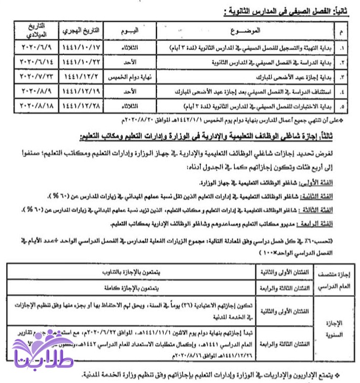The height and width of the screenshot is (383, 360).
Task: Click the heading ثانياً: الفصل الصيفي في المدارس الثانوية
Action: pyautogui.click(x=281, y=11)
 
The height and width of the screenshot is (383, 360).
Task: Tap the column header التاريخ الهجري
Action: pyautogui.click(x=81, y=31)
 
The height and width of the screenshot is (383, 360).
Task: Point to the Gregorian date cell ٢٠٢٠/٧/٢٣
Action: pyautogui.click(x=34, y=77)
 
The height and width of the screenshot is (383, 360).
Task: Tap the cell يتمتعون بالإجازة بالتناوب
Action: pyautogui.click(x=132, y=272)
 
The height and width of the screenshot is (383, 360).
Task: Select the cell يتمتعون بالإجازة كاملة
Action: pyautogui.click(x=132, y=287)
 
